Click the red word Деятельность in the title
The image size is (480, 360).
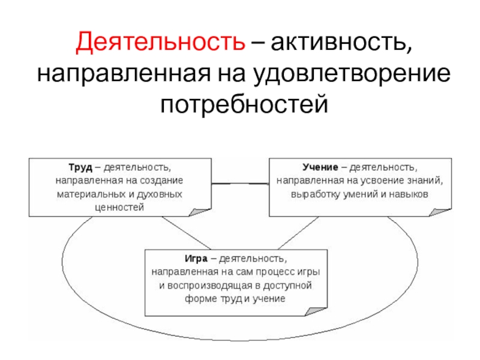point(160,43)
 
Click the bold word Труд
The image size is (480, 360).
point(79,166)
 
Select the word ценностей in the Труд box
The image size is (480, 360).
point(119,208)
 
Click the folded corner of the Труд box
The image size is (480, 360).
point(200,211)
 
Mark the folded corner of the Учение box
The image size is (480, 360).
point(441,211)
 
